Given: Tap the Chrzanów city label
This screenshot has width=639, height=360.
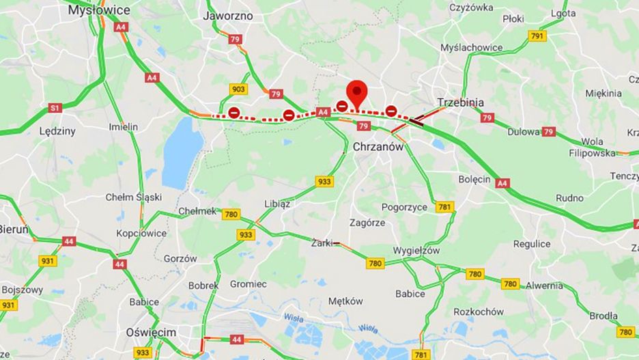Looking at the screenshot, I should tap(378, 147).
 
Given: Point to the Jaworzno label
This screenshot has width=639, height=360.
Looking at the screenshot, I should tap(228, 15).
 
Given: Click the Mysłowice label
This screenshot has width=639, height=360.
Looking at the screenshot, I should tap(99, 10).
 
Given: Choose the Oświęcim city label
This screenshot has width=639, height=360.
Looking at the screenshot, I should tap(150, 332).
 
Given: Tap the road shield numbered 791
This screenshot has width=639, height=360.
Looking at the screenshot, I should tap(537, 36).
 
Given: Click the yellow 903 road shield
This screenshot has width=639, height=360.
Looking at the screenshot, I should tap(238, 89).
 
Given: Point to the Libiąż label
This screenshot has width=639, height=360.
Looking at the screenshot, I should tap(277, 204).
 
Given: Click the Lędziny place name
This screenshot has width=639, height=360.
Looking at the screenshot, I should tap(57, 130).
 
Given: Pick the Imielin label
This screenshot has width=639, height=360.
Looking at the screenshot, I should tap(123, 127).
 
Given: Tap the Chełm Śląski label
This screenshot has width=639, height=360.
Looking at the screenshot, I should tap(134, 197).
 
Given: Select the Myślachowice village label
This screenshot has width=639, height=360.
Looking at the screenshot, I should tap(471, 48).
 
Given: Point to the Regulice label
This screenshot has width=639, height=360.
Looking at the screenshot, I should tap(532, 244).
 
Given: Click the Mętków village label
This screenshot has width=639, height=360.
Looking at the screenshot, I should tap(345, 301).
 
